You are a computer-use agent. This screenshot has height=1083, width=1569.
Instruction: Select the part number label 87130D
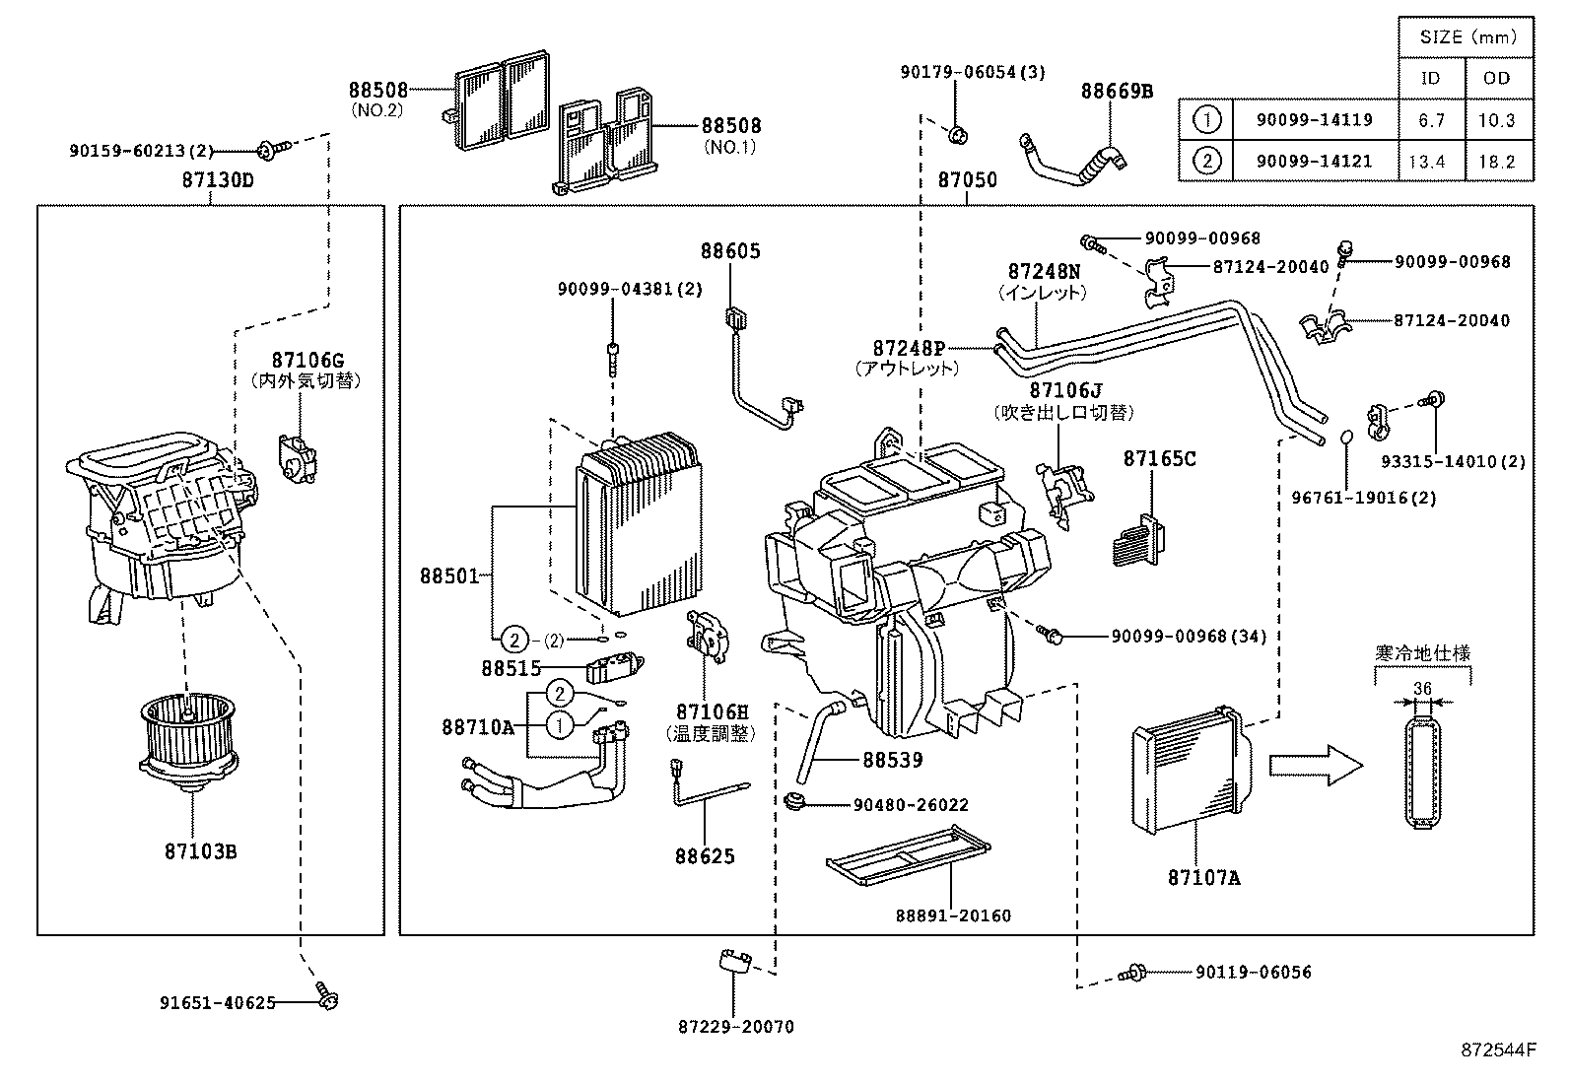(217, 180)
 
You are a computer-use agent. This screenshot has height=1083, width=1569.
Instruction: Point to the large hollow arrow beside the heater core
(1313, 764)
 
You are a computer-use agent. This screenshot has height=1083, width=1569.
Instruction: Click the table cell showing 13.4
(1426, 162)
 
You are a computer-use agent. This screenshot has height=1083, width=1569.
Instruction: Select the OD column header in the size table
(1496, 78)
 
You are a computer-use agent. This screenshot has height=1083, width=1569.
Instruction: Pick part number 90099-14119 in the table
(1314, 120)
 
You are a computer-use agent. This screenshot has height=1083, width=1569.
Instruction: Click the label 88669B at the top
(1116, 92)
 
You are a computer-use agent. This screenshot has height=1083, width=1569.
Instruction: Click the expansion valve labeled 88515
(613, 667)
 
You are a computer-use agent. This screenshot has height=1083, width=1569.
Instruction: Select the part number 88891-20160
(953, 915)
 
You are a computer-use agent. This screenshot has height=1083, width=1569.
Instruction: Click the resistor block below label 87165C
(1140, 541)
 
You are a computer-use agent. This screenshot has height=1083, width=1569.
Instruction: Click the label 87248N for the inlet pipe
(1044, 271)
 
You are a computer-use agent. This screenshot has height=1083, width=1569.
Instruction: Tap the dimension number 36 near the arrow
(1422, 688)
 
